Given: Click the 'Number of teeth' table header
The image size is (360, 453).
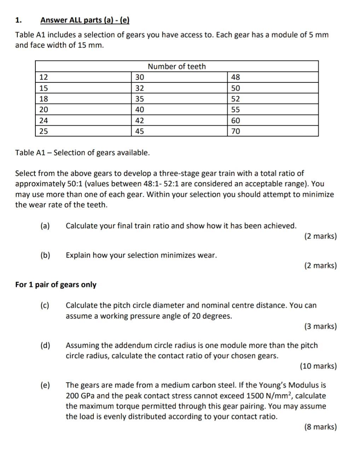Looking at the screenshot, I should click(x=176, y=67).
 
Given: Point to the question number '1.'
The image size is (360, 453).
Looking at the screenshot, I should click(x=18, y=20).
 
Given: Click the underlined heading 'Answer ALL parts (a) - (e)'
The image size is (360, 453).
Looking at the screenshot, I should click(x=85, y=20).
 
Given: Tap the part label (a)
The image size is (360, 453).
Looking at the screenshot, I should click(x=45, y=226).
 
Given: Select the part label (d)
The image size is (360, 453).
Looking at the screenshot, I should click(x=45, y=345).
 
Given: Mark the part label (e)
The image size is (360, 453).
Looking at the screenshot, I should click(x=45, y=385).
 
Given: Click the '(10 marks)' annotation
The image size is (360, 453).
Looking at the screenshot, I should click(x=318, y=366).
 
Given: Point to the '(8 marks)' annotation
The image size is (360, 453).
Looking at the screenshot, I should click(x=320, y=427).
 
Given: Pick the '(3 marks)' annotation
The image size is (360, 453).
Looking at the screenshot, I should click(x=320, y=326).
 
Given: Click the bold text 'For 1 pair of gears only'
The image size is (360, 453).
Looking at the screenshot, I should click(x=56, y=285).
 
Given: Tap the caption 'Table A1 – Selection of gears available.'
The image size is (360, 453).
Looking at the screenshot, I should click(x=82, y=153).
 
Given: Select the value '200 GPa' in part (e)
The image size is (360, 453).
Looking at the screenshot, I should click(x=80, y=396).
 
